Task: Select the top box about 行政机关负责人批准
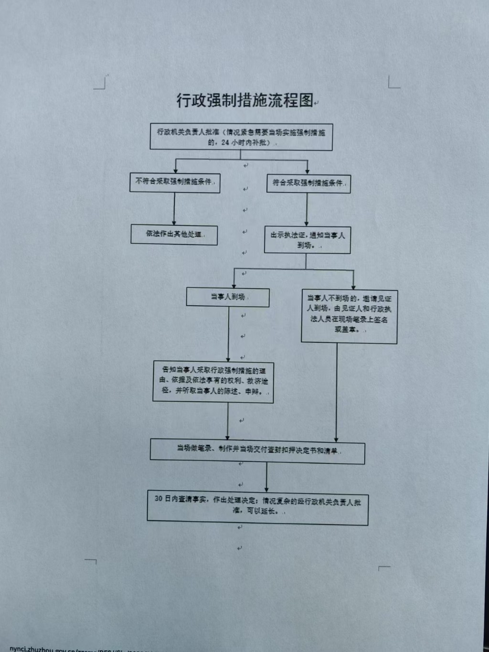point(241,137)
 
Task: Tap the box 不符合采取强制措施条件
point(175,182)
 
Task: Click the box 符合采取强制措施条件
point(308,183)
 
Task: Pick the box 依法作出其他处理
point(174,235)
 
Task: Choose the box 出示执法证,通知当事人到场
point(308,240)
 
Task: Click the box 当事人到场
point(228,297)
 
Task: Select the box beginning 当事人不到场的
point(349,316)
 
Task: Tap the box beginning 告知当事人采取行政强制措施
point(213,382)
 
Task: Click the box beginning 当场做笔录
point(257,451)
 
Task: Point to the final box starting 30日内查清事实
point(257,507)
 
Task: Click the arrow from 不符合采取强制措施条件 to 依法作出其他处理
point(174,209)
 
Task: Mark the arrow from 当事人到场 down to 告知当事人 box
point(228,334)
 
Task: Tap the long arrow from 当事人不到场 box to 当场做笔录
point(337,392)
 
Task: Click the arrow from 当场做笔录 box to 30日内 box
point(266,477)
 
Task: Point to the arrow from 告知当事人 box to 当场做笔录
point(227,421)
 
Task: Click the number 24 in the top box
point(225,143)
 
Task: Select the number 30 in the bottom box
point(159,498)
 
